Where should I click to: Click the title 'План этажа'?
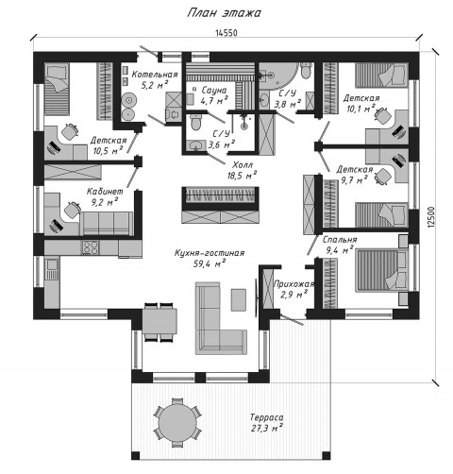[x=225, y=13]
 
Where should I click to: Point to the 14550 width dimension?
[x=226, y=33]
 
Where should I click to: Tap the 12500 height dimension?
[x=431, y=216]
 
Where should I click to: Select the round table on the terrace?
[x=177, y=422]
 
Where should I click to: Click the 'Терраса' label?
[x=266, y=417]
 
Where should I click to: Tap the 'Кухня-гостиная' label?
[x=210, y=253]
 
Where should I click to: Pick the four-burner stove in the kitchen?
[x=91, y=247]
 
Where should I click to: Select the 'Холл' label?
[x=243, y=165]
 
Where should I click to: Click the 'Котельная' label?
[x=155, y=75]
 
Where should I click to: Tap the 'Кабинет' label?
[x=105, y=191]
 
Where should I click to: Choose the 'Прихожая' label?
[x=294, y=284]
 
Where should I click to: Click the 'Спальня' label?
[x=340, y=240]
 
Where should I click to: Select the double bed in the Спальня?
[x=382, y=271]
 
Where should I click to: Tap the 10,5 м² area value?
[x=108, y=150]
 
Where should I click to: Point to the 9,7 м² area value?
[x=353, y=180]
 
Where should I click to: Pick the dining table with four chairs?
[x=159, y=321]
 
